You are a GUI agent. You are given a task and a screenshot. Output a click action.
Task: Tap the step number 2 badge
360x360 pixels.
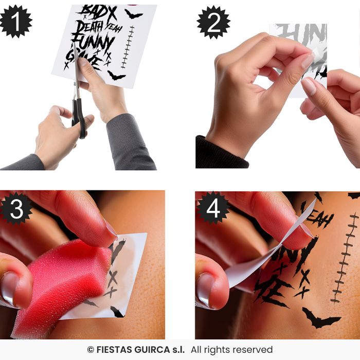[213, 22]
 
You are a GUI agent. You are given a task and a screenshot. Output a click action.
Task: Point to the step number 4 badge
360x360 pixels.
[213, 208]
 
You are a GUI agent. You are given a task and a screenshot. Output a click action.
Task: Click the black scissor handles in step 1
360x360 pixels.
[79, 116]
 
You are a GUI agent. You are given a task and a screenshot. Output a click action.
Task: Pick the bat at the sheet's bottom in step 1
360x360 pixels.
[116, 76]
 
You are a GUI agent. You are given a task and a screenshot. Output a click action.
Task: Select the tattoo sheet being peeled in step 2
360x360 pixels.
[303, 57]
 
